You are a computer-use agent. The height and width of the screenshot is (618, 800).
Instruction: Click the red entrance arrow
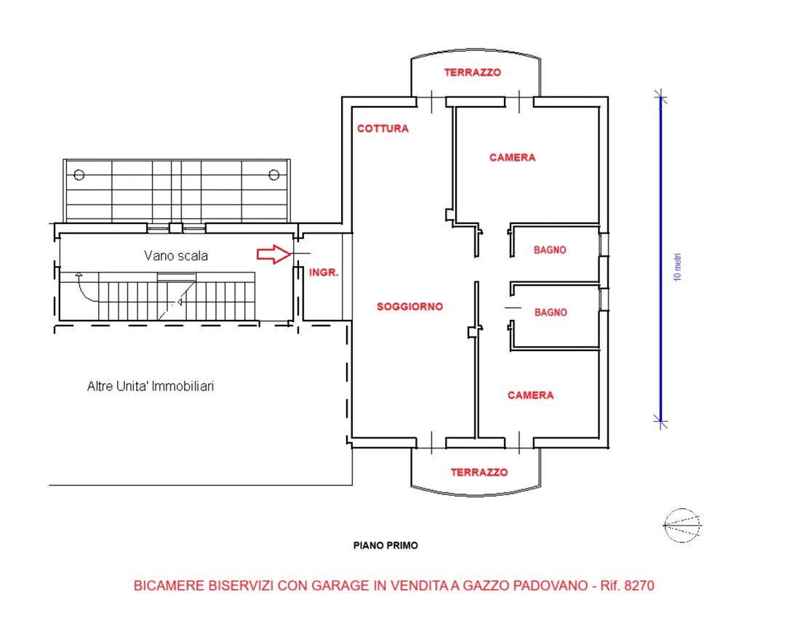pos(274,254)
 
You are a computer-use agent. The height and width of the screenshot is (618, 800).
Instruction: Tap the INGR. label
pos(324,273)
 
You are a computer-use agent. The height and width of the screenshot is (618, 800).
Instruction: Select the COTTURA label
pos(383,129)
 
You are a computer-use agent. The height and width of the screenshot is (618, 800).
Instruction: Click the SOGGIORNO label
pos(409,306)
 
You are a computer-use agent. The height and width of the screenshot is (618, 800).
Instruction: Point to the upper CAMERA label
pos(512,158)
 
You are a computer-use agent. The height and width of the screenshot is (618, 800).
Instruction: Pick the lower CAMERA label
pos(531,396)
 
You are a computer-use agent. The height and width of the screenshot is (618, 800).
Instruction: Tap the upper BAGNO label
pos(550,250)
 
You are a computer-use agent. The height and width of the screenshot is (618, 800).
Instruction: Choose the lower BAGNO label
pos(551,313)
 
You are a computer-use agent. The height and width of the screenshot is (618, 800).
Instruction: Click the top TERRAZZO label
pos(473,73)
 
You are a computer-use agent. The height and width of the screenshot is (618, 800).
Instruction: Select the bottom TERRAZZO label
pos(479,472)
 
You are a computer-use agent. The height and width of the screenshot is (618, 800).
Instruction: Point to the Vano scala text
pos(176,255)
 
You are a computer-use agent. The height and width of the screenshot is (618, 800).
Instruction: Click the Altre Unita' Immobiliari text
pos(151,386)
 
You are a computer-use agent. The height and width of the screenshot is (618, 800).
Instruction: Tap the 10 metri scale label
pos(678,267)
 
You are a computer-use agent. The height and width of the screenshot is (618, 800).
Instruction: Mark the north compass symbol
pos(682,525)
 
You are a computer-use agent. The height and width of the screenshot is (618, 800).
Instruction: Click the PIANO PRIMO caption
pos(385,545)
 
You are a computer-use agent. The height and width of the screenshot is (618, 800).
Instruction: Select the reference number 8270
pos(639,585)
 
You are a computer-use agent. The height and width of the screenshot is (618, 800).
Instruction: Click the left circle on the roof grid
pos(79,175)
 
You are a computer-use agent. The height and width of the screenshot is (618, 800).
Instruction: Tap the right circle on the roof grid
pos(274,175)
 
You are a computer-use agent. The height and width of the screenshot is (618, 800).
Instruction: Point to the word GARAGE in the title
pos(341,585)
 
